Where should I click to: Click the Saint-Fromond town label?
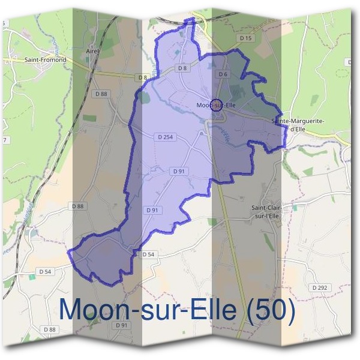45,60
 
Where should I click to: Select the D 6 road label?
223,74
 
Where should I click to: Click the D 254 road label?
165,137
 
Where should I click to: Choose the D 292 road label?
320,288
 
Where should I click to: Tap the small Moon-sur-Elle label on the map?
217,106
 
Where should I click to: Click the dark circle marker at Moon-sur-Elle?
217,104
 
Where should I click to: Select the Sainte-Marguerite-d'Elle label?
298,124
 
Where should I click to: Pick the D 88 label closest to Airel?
101,94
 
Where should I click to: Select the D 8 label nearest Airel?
142,77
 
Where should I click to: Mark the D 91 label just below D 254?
179,171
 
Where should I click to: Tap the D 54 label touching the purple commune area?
148,255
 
